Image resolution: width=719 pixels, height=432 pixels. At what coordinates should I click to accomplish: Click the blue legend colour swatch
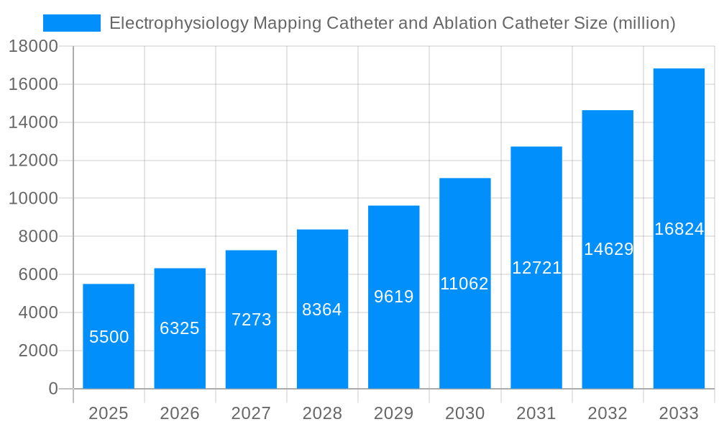click(72, 23)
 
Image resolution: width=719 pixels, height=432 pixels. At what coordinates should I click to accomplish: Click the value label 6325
click(180, 328)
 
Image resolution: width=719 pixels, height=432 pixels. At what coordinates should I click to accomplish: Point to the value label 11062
click(464, 284)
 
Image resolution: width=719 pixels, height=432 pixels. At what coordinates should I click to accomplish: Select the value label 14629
click(608, 249)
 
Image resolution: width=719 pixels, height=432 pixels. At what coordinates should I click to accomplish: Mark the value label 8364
click(322, 310)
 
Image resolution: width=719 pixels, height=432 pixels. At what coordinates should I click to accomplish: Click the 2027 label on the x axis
click(251, 413)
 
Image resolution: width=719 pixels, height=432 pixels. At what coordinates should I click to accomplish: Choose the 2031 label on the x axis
click(536, 413)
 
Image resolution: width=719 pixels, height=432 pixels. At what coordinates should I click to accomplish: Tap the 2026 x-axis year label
click(180, 413)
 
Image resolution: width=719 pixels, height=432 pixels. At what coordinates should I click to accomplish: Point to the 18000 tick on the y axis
click(33, 46)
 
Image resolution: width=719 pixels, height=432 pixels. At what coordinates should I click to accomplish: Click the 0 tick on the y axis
click(52, 389)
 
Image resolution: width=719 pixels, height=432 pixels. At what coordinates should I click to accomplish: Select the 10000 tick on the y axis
click(33, 199)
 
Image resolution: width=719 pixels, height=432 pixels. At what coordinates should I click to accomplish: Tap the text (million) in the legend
click(644, 23)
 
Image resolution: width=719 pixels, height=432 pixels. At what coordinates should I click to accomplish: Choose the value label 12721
click(536, 268)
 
